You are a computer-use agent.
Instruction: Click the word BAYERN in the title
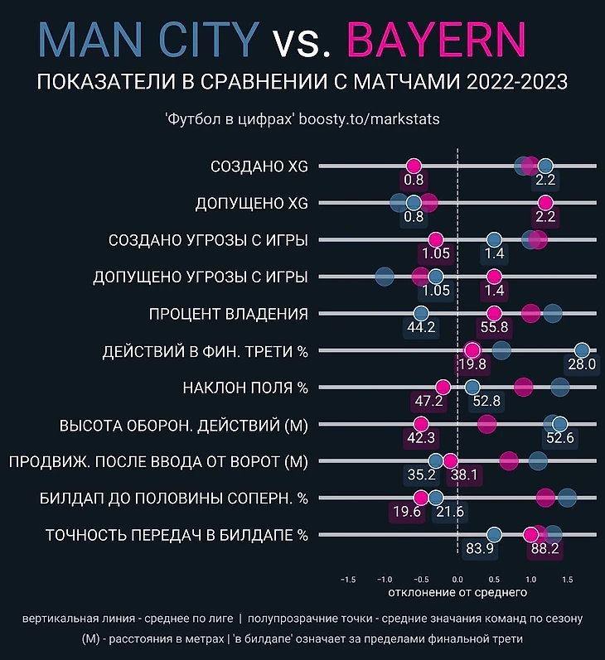pyautogui.click(x=437, y=41)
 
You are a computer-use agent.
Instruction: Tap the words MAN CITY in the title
pyautogui.click(x=149, y=41)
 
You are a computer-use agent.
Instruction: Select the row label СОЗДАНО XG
pyautogui.click(x=259, y=166)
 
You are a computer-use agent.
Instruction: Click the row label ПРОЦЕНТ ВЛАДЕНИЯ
pyautogui.click(x=228, y=314)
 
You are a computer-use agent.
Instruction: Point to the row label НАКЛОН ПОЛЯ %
pyautogui.click(x=244, y=387)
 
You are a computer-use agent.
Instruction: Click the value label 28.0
pyautogui.click(x=581, y=364)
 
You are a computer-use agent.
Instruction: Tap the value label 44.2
pyautogui.click(x=421, y=327)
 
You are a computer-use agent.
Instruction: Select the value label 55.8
pyautogui.click(x=494, y=327)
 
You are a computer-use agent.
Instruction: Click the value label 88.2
pyautogui.click(x=544, y=547)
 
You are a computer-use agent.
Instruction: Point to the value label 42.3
pyautogui.click(x=421, y=437)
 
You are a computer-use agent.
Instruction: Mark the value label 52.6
pyautogui.click(x=560, y=437)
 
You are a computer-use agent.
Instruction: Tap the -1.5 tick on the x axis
pyautogui.click(x=348, y=579)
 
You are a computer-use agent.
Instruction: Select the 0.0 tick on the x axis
pyautogui.click(x=457, y=579)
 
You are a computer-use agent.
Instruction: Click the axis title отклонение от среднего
pyautogui.click(x=457, y=593)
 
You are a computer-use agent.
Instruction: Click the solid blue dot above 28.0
pyautogui.click(x=581, y=350)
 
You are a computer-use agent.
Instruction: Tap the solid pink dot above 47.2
pyautogui.click(x=443, y=387)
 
